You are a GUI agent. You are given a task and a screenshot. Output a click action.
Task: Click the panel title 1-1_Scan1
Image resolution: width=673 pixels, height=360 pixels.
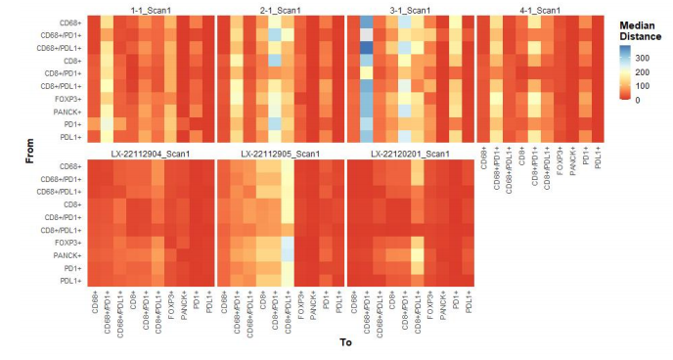(151, 10)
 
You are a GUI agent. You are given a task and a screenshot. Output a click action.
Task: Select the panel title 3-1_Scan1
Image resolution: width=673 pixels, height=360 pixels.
(410, 10)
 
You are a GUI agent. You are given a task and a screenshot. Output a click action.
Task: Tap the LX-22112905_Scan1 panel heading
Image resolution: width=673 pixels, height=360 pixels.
(281, 154)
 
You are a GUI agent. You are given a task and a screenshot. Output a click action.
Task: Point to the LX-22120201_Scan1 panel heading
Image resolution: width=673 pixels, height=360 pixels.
(410, 154)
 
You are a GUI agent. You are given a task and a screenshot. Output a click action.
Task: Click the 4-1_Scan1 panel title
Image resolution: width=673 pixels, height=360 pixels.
(540, 10)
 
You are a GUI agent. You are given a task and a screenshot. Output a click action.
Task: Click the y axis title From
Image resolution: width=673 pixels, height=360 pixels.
(29, 151)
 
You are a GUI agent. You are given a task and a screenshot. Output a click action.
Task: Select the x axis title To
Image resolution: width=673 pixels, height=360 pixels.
(346, 342)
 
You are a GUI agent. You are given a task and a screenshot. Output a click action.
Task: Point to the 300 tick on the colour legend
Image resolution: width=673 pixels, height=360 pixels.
(642, 58)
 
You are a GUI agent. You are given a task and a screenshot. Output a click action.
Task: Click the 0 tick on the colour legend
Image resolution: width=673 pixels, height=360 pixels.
(638, 100)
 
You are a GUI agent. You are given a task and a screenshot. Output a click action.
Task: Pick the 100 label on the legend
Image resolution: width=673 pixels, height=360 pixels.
(642, 86)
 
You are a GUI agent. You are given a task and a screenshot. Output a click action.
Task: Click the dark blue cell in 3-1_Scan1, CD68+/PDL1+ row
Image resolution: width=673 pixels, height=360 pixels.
(366, 48)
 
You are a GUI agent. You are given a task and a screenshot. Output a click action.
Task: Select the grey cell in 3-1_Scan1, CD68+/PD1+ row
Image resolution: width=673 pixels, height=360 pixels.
(366, 35)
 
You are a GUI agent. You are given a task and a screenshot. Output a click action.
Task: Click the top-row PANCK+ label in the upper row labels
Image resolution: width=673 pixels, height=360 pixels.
(67, 112)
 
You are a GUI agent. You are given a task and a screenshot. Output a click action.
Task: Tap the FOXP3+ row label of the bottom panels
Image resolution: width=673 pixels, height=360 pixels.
(67, 243)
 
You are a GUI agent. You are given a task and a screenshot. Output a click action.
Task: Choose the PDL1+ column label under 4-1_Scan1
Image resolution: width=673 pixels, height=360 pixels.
(598, 157)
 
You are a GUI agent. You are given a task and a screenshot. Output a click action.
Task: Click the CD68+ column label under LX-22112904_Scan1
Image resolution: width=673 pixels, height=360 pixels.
(95, 302)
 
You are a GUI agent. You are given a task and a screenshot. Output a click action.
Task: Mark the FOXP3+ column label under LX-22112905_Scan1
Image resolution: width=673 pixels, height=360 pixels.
(301, 305)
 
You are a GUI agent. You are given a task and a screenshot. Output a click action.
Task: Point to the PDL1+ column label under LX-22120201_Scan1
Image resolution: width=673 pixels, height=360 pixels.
(469, 301)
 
